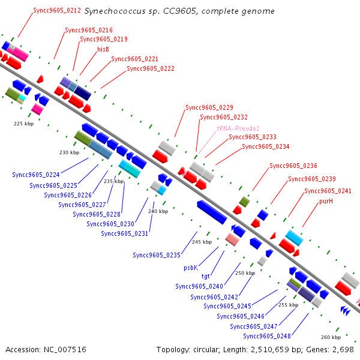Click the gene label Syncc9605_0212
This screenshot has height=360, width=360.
pos(57,11)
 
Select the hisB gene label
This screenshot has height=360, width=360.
pos(103,49)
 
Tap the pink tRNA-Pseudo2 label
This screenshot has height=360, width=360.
pos(238,128)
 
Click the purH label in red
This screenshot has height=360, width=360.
pos(326,202)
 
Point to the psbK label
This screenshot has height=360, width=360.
pos(191,268)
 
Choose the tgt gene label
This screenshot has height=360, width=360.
pos(205,276)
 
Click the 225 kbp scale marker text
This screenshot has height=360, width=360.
pos(23,124)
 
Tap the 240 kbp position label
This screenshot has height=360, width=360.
pos(158,211)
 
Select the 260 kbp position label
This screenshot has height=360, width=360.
pos(331,337)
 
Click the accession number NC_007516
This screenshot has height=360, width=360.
pos(65,350)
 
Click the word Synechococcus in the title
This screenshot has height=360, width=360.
pos(115,11)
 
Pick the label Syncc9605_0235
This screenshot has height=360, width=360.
pos(157,255)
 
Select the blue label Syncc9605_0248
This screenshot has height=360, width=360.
pos(267,336)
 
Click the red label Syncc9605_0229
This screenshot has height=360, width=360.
pos(209,107)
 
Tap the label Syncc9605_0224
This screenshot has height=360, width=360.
pos(36,175)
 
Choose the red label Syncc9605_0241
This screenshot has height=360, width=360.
pos(328,191)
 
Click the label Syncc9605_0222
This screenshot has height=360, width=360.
pos(151,68)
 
